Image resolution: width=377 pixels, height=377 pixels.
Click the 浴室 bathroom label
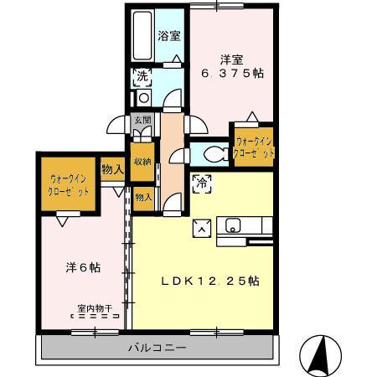tap(170, 36)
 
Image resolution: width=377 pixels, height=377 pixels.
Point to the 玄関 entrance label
tap(142, 120)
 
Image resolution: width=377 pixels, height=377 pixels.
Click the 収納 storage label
tap(142, 161)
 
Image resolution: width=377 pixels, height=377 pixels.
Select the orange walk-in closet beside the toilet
tap(254, 147)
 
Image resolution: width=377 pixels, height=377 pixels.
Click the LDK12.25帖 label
tap(209, 281)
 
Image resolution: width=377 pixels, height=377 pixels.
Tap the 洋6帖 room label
tap(84, 268)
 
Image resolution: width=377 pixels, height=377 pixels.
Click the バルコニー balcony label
tap(157, 347)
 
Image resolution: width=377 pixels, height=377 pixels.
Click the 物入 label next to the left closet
tap(112, 169)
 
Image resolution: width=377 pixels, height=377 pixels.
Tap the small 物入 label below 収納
tap(143, 198)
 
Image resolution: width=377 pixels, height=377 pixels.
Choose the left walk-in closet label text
tap(70, 183)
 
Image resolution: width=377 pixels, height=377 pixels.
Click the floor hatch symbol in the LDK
tap(203, 224)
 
